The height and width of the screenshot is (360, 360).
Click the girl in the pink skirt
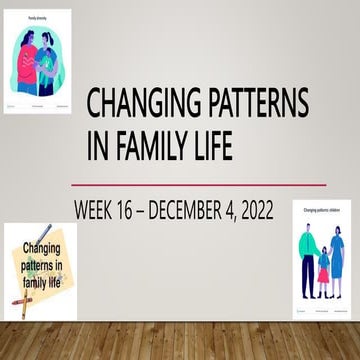[323, 267]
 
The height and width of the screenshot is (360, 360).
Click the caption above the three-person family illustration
[322, 210]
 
